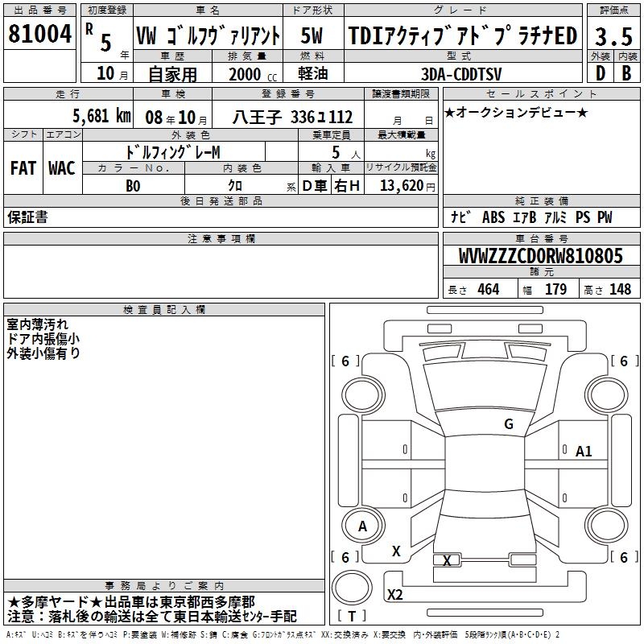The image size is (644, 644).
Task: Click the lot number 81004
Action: (39, 34)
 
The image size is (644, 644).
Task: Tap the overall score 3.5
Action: (613, 36)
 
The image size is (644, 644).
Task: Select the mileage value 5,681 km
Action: (102, 116)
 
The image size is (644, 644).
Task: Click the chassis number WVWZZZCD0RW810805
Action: (541, 256)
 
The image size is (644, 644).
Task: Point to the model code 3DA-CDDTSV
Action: (461, 74)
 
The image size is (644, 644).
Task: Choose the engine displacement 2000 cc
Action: (253, 74)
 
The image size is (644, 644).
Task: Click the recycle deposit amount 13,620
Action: (402, 186)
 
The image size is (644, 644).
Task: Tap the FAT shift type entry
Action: (23, 168)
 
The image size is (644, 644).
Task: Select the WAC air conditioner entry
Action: (62, 168)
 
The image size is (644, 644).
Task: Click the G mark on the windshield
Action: (509, 423)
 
